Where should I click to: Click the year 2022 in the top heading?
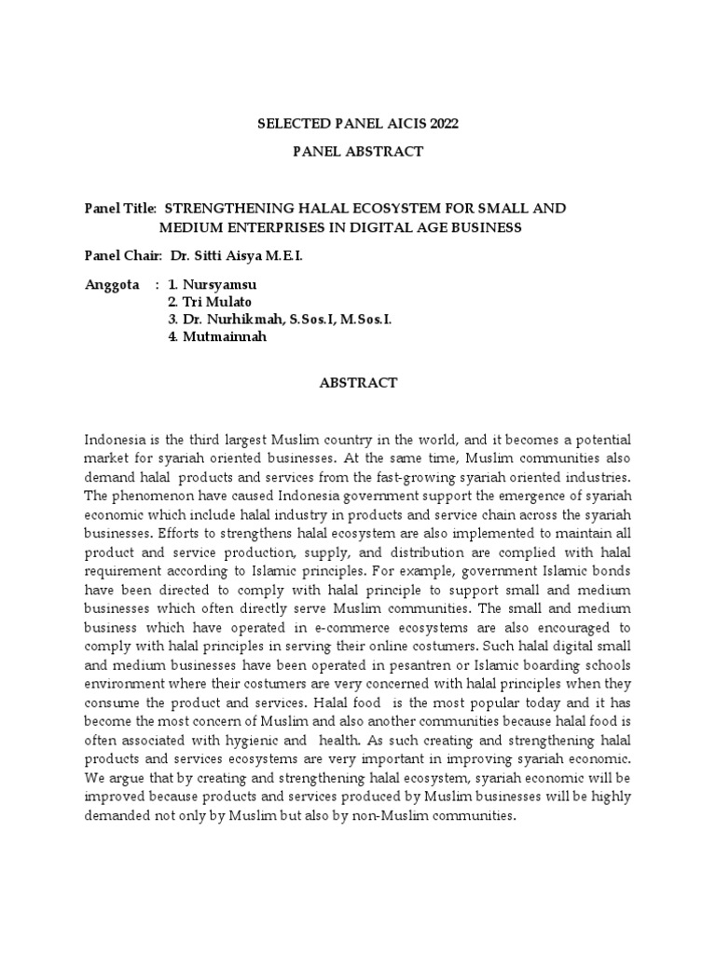[x=442, y=123]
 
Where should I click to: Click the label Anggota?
[x=112, y=284]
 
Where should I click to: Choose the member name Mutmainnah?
[x=224, y=336]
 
